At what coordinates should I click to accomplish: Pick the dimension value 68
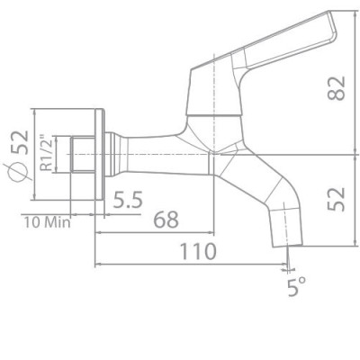(x=164, y=219)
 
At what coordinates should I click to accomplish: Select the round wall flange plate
(x=100, y=156)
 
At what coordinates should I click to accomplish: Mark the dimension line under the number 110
(x=191, y=265)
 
